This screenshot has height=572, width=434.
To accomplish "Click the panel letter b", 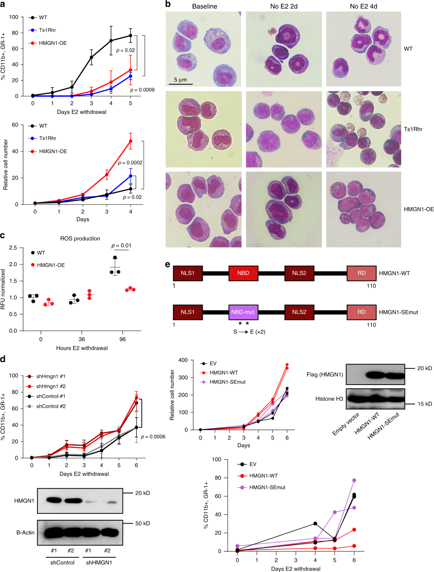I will pos(168,4).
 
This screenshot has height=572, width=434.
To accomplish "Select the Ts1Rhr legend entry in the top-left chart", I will pos(47,30).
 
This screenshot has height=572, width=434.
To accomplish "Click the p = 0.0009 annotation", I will pos(142,90).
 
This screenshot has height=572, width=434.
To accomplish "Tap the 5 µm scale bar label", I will pos(180,80).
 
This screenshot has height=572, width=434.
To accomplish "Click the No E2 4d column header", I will pos(363,6).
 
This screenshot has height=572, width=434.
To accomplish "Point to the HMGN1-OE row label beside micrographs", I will pos(418,209).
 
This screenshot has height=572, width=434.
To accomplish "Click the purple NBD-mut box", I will pos(243,312).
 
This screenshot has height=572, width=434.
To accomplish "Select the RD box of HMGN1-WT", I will pos(361,273).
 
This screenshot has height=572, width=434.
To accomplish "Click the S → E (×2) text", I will pos(249,332).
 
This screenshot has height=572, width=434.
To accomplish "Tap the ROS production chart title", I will pos(80,238).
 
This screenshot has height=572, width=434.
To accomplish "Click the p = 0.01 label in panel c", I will pos(121,245).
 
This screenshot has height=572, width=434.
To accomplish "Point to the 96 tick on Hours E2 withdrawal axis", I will pos(123,339).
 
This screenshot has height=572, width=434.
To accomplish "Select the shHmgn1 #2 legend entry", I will pos(51,386).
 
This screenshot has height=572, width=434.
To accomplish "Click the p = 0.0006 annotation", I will pos(153,437).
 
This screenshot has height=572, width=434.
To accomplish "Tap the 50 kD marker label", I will pos(142,523).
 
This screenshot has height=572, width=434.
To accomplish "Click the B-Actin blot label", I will pos(25,533).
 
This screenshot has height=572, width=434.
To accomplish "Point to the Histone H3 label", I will pos(329,399).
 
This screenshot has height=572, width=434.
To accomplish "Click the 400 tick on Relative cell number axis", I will pos(183,360).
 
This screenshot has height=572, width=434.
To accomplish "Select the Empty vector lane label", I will pos(346,424).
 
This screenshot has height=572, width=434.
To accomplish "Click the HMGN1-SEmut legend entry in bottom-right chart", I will pos(267,487).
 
